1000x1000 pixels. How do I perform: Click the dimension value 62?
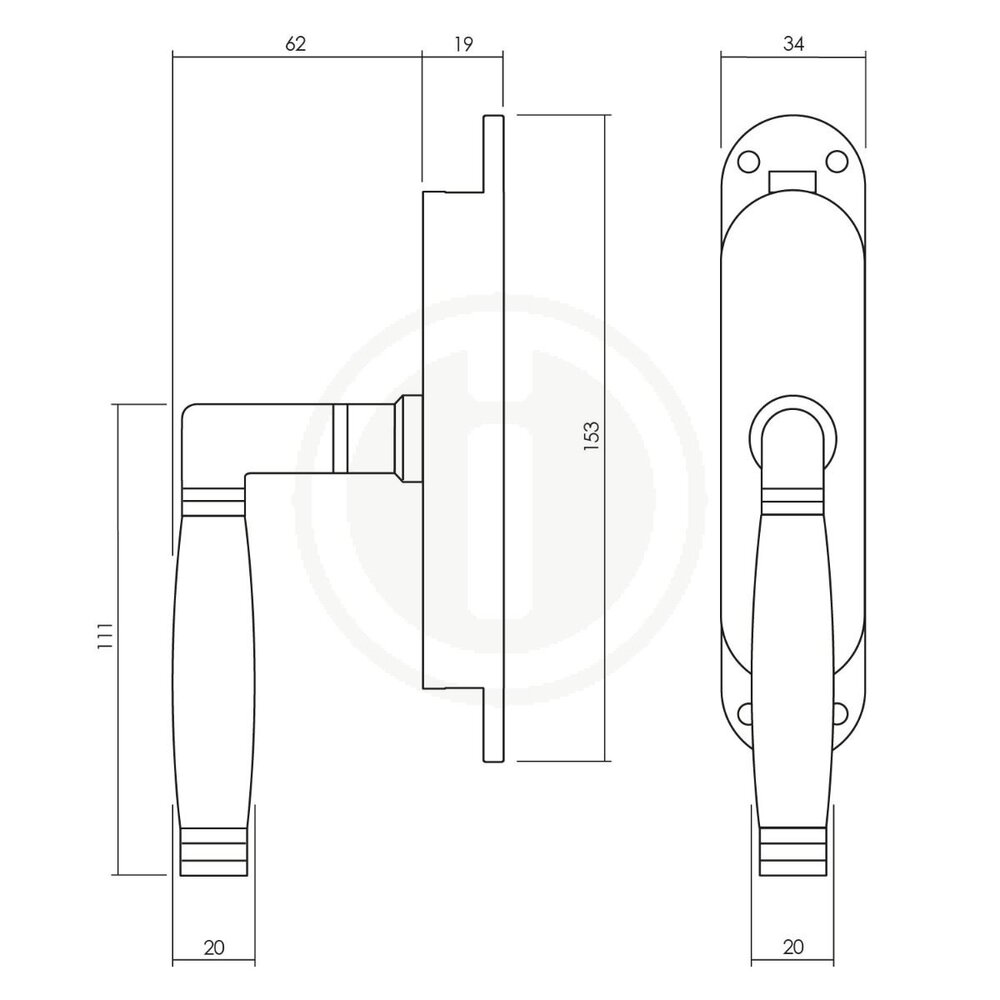295,43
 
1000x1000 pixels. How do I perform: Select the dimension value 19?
461,43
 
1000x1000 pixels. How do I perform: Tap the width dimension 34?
793,43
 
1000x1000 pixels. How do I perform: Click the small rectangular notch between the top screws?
793,180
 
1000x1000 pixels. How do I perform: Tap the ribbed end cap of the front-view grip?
793,850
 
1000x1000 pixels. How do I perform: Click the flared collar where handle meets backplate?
408,437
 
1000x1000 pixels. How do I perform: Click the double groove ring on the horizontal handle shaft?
341,437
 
